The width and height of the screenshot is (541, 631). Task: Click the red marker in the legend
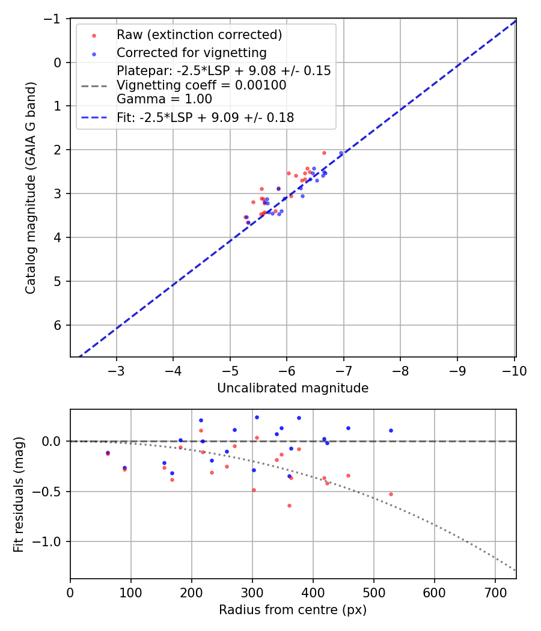pyautogui.click(x=94, y=35)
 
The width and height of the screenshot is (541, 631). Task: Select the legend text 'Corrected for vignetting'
pyautogui.click(x=192, y=52)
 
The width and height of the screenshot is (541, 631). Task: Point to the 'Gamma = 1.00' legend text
pyautogui.click(x=164, y=99)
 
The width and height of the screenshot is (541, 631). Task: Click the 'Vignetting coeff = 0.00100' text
pyautogui.click(x=201, y=85)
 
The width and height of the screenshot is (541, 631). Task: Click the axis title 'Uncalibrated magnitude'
pyautogui.click(x=293, y=388)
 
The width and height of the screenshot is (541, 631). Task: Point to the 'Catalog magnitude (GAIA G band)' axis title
pyautogui.click(x=31, y=187)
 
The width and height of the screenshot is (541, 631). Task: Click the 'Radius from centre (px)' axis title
pyautogui.click(x=293, y=610)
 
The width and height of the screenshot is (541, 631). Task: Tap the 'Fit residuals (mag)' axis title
pyautogui.click(x=19, y=494)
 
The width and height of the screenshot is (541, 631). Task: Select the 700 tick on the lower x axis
pyautogui.click(x=495, y=592)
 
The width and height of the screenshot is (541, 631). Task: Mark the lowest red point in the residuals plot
pyautogui.click(x=289, y=505)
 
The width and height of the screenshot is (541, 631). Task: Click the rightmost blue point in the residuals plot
pyautogui.click(x=391, y=430)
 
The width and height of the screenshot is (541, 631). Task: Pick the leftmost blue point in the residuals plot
pyautogui.click(x=108, y=453)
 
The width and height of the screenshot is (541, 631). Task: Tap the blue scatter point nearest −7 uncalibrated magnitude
pyautogui.click(x=341, y=153)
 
